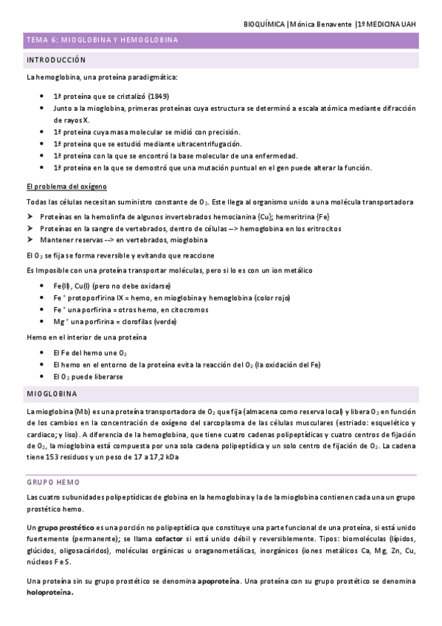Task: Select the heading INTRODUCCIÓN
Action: (55, 60)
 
